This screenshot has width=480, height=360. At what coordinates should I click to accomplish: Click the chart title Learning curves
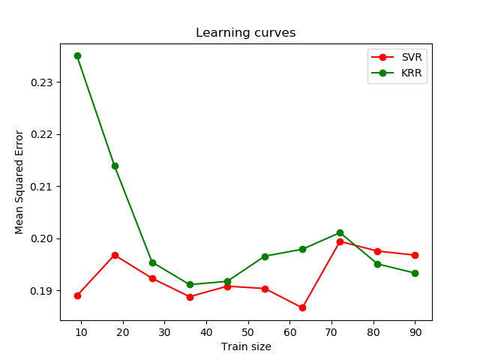246,33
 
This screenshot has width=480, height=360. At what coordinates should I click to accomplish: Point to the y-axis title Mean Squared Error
20,182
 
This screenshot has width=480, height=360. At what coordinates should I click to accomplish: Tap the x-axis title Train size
246,346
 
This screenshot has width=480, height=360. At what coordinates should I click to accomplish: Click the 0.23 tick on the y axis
43,82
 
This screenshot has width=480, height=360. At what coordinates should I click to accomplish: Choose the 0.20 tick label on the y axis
43,238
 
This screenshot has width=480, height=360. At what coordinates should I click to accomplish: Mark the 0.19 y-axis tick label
43,291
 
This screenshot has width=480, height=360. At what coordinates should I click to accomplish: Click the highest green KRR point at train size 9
77,55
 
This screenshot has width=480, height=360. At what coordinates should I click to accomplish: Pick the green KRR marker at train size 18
115,166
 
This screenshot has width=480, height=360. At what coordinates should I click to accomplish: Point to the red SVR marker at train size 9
77,295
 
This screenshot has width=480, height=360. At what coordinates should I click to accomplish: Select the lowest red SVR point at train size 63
302,307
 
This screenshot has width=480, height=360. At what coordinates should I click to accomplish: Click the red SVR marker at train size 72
340,241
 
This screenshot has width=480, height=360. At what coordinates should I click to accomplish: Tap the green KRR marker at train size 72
340,232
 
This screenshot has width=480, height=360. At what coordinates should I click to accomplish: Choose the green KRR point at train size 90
415,273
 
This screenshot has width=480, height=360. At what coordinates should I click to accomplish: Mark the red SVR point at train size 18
115,255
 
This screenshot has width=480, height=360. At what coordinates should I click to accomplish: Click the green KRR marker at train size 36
190,284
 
